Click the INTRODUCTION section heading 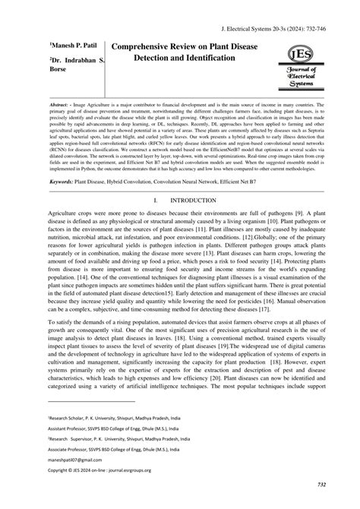tap(198, 201)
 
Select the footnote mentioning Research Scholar tap(114, 417)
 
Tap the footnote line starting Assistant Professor tap(114, 428)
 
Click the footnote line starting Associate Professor tap(114, 448)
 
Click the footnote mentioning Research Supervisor tap(114, 438)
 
